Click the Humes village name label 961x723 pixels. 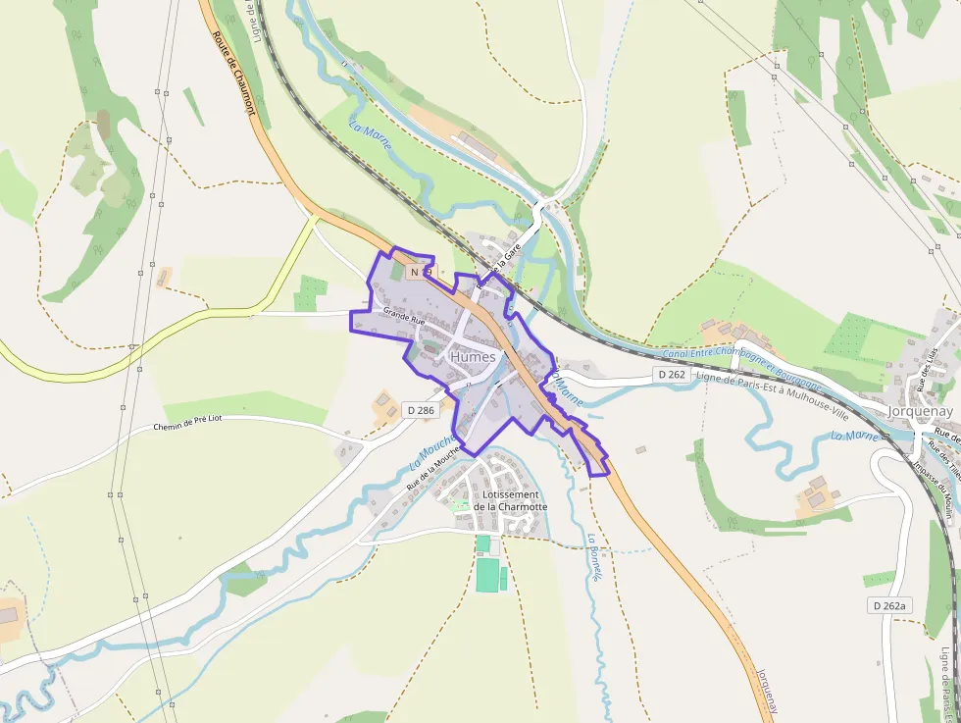tap(473, 357)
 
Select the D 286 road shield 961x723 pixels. tap(419, 410)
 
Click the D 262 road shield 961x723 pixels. tap(671, 375)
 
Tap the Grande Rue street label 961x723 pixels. tap(404, 318)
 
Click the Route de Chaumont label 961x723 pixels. tap(233, 73)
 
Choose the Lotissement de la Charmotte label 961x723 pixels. tap(510, 500)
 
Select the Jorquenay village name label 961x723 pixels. tap(921, 411)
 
